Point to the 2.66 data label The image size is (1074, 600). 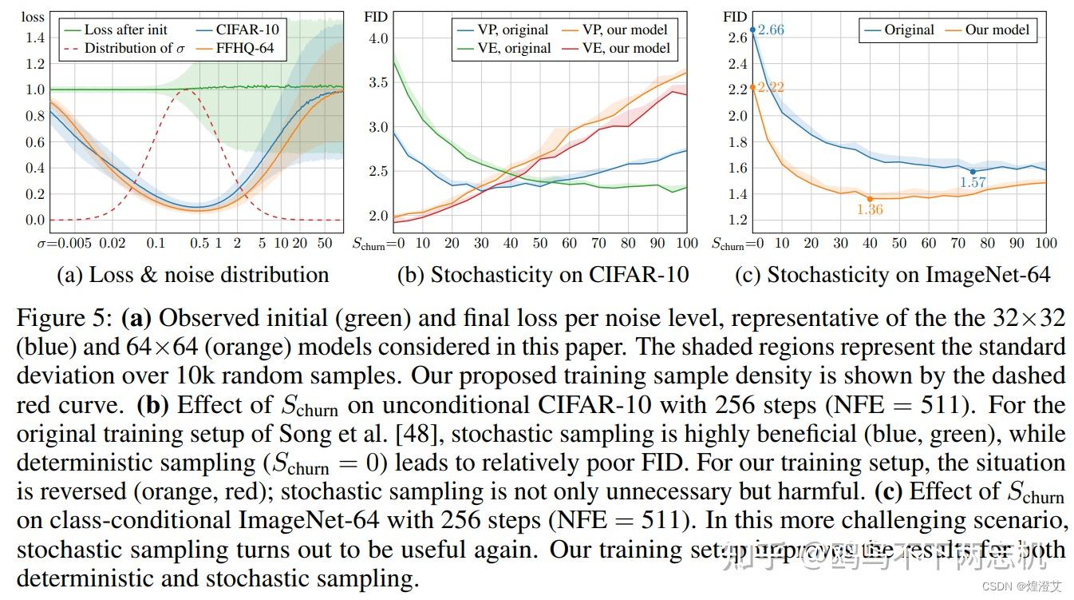pyautogui.click(x=771, y=30)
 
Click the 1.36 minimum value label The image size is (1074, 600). pyautogui.click(x=869, y=209)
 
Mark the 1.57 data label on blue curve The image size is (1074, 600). pyautogui.click(x=973, y=182)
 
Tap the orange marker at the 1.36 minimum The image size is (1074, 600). pyautogui.click(x=870, y=198)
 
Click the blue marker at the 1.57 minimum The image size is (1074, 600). pyautogui.click(x=973, y=171)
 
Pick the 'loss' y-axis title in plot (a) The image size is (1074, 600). pyautogui.click(x=33, y=15)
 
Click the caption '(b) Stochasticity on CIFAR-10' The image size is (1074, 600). pyautogui.click(x=543, y=275)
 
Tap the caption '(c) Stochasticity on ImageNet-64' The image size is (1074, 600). pyautogui.click(x=892, y=275)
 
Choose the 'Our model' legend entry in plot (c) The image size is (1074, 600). pyautogui.click(x=997, y=30)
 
